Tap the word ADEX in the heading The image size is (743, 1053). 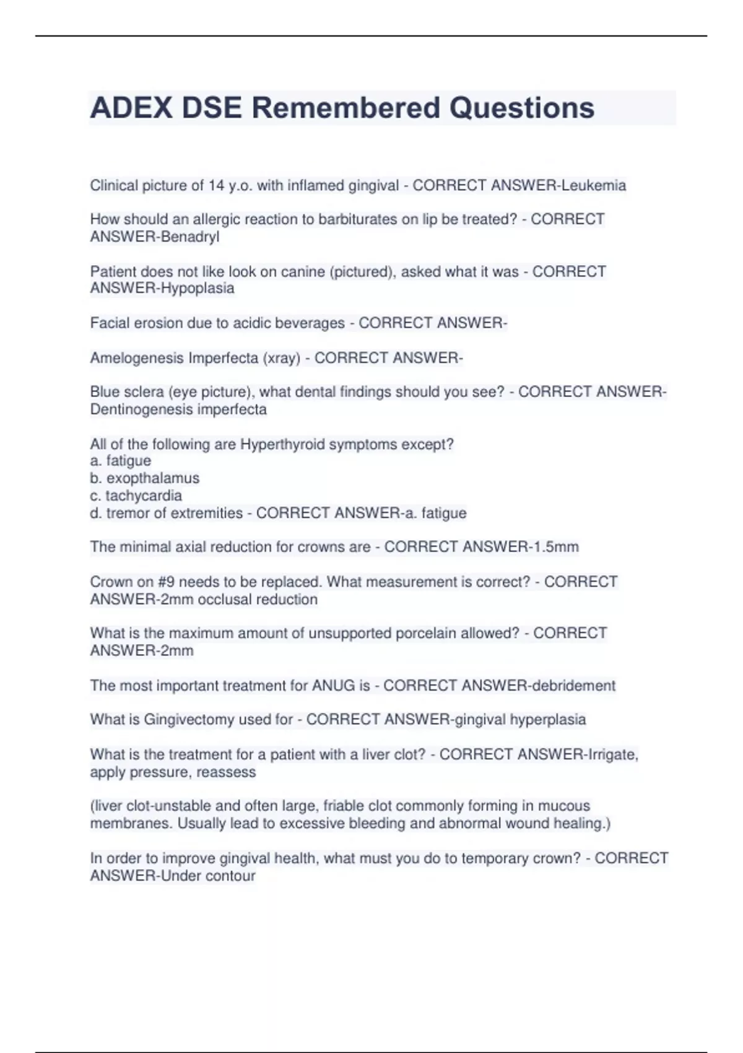[x=131, y=108]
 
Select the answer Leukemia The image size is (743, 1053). [x=594, y=185]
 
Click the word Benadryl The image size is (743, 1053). [x=189, y=237]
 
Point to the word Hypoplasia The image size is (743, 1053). [x=198, y=288]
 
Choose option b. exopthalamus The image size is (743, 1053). [x=145, y=478]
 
